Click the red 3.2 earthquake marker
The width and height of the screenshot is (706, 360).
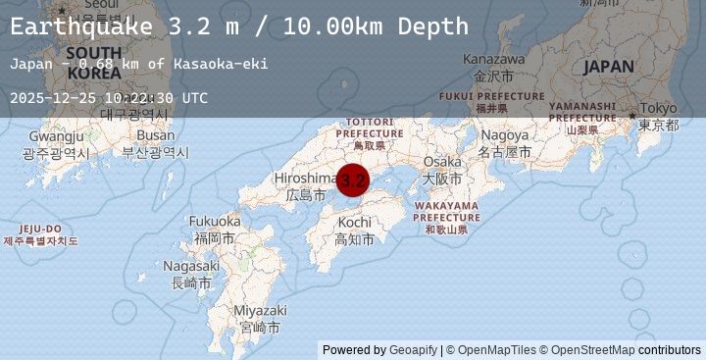click(x=353, y=180)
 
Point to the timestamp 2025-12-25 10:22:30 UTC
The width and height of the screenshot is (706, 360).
click(x=109, y=98)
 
